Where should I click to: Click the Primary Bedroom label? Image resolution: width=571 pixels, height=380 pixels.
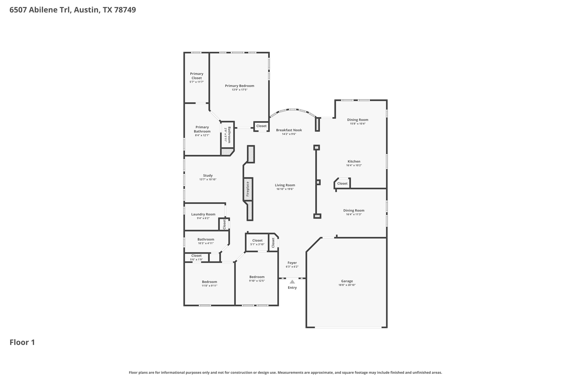tap(239, 86)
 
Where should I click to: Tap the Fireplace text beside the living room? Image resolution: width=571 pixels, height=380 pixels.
tap(248, 189)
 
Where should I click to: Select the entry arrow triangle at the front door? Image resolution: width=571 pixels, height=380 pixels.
tap(292, 282)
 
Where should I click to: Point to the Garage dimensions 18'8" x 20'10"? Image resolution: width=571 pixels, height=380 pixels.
tap(347, 285)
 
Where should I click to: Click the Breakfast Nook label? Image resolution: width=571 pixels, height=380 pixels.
tap(289, 130)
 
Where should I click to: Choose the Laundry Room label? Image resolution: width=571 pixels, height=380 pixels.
tap(203, 214)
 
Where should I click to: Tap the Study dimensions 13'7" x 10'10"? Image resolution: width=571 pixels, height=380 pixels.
tap(208, 180)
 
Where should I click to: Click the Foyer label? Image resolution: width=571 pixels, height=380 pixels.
tap(292, 263)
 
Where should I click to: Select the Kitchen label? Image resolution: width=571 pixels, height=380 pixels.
tap(354, 161)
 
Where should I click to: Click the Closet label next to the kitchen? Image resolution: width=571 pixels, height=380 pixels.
tap(342, 183)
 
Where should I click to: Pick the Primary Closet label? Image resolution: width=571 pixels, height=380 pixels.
tap(197, 76)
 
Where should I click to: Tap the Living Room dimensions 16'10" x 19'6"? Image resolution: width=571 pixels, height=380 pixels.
tap(285, 189)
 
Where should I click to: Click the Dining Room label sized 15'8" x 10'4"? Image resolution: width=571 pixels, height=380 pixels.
tap(357, 120)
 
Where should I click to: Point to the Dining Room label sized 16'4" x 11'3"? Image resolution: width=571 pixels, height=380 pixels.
tap(354, 210)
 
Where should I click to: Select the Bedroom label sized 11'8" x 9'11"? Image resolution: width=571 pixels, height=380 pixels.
tap(209, 282)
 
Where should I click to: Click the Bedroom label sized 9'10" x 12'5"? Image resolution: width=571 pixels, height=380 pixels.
tap(257, 277)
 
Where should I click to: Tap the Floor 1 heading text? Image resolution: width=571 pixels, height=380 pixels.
tap(22, 342)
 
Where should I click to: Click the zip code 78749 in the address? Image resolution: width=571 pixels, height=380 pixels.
tap(125, 10)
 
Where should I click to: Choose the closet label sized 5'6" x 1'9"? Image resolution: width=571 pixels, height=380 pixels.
tap(196, 256)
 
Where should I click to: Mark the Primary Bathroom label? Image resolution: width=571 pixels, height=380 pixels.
tap(202, 129)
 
